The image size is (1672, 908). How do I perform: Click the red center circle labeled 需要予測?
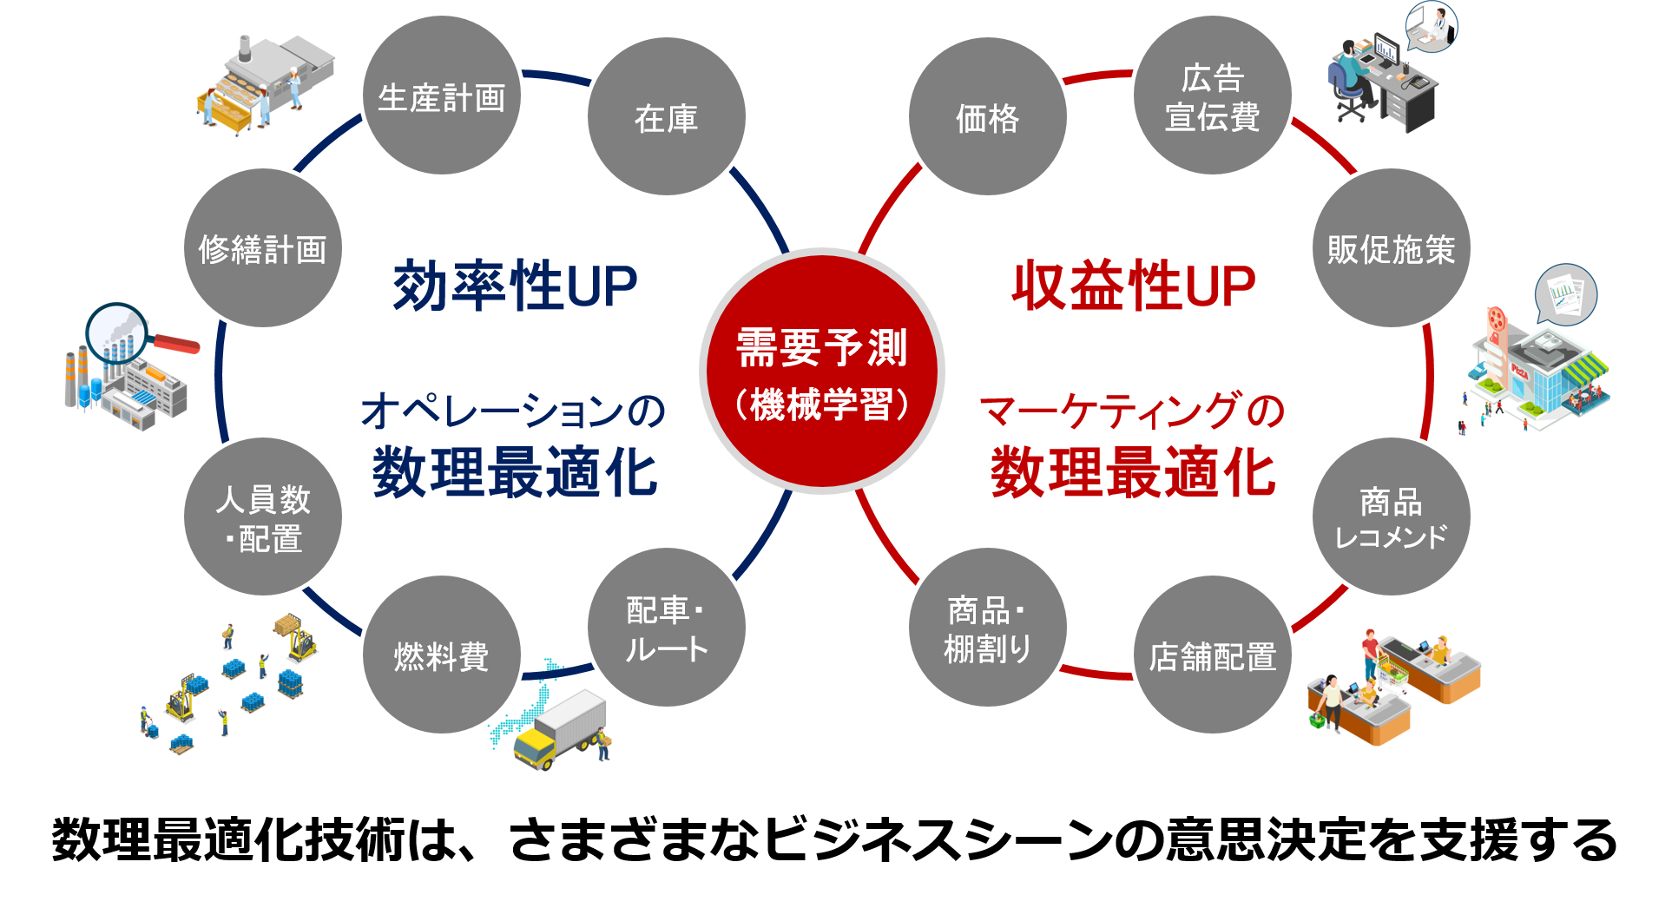(822, 372)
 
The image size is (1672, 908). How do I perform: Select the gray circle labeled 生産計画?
(441, 95)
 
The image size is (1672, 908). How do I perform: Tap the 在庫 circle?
(666, 116)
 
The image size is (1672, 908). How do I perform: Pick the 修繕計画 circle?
(263, 248)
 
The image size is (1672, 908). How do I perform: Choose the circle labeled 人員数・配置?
(263, 517)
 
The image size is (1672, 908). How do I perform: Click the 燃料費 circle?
(441, 655)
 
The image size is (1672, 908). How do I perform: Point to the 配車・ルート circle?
(666, 627)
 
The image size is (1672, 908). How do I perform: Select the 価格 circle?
(987, 116)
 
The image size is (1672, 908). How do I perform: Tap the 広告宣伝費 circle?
(1212, 95)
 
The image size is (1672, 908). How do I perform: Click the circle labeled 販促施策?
(1391, 248)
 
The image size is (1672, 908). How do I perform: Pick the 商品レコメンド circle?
(1391, 517)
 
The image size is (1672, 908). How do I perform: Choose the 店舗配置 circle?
(1212, 655)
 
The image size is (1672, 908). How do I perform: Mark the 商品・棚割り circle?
(987, 627)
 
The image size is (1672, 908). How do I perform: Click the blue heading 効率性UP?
(515, 286)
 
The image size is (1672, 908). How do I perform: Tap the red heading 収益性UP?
(1134, 286)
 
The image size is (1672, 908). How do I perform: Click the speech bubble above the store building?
(1566, 293)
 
